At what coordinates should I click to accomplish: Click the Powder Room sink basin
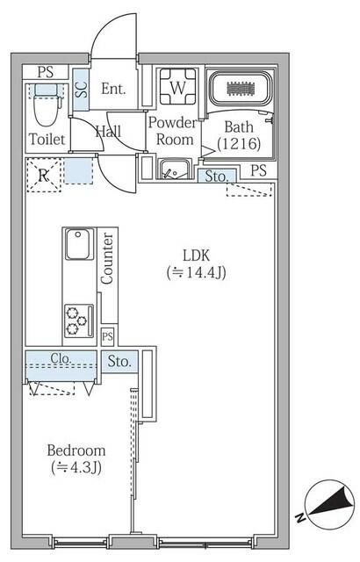point(173,169)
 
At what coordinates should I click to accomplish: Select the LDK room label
point(197,255)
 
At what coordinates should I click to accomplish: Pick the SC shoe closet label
point(81,89)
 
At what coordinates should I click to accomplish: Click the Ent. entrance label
point(114,88)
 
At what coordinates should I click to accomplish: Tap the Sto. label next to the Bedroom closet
point(120,360)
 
